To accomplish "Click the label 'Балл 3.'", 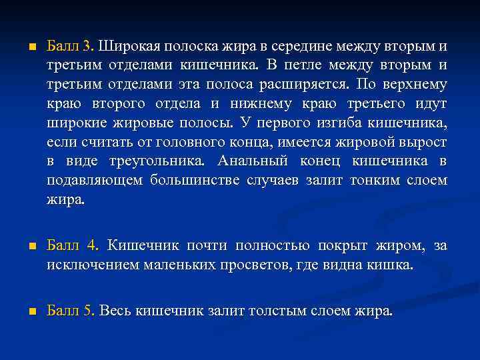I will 71,47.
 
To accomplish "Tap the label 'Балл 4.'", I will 73,246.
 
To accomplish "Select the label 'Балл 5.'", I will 71,311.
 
